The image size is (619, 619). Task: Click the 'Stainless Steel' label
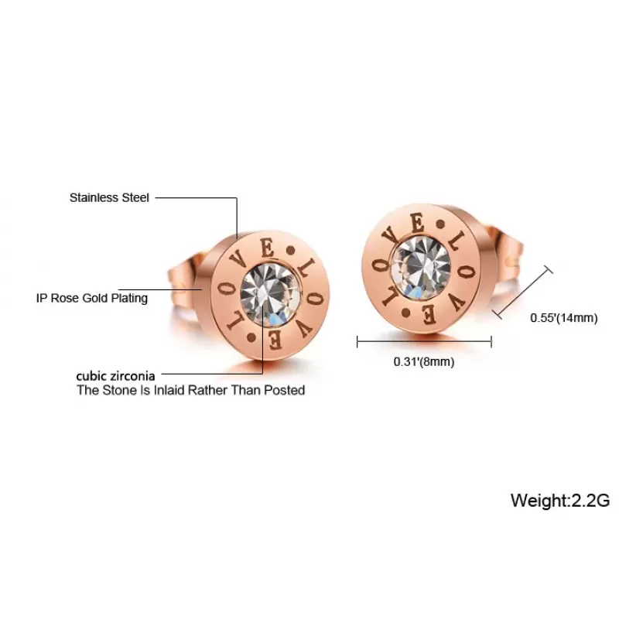click(x=109, y=197)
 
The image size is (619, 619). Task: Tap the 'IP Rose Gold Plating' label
click(x=92, y=298)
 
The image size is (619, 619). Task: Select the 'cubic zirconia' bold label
click(x=115, y=375)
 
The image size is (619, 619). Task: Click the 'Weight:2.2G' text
click(x=560, y=500)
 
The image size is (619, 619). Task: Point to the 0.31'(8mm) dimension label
click(x=424, y=361)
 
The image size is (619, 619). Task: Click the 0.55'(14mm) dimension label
click(x=564, y=318)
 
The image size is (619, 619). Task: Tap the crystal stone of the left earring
click(x=270, y=295)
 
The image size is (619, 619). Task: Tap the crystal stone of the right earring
click(x=420, y=268)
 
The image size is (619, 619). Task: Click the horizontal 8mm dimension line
click(x=424, y=341)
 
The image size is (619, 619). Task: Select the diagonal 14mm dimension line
click(x=522, y=292)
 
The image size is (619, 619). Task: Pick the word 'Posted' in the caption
click(x=284, y=390)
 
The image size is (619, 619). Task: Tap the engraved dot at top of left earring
click(x=292, y=250)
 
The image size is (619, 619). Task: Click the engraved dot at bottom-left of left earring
click(x=251, y=338)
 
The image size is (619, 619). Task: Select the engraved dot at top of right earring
click(x=439, y=224)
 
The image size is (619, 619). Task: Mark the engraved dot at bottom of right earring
click(x=405, y=314)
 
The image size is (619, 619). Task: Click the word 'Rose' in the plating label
click(x=64, y=298)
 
